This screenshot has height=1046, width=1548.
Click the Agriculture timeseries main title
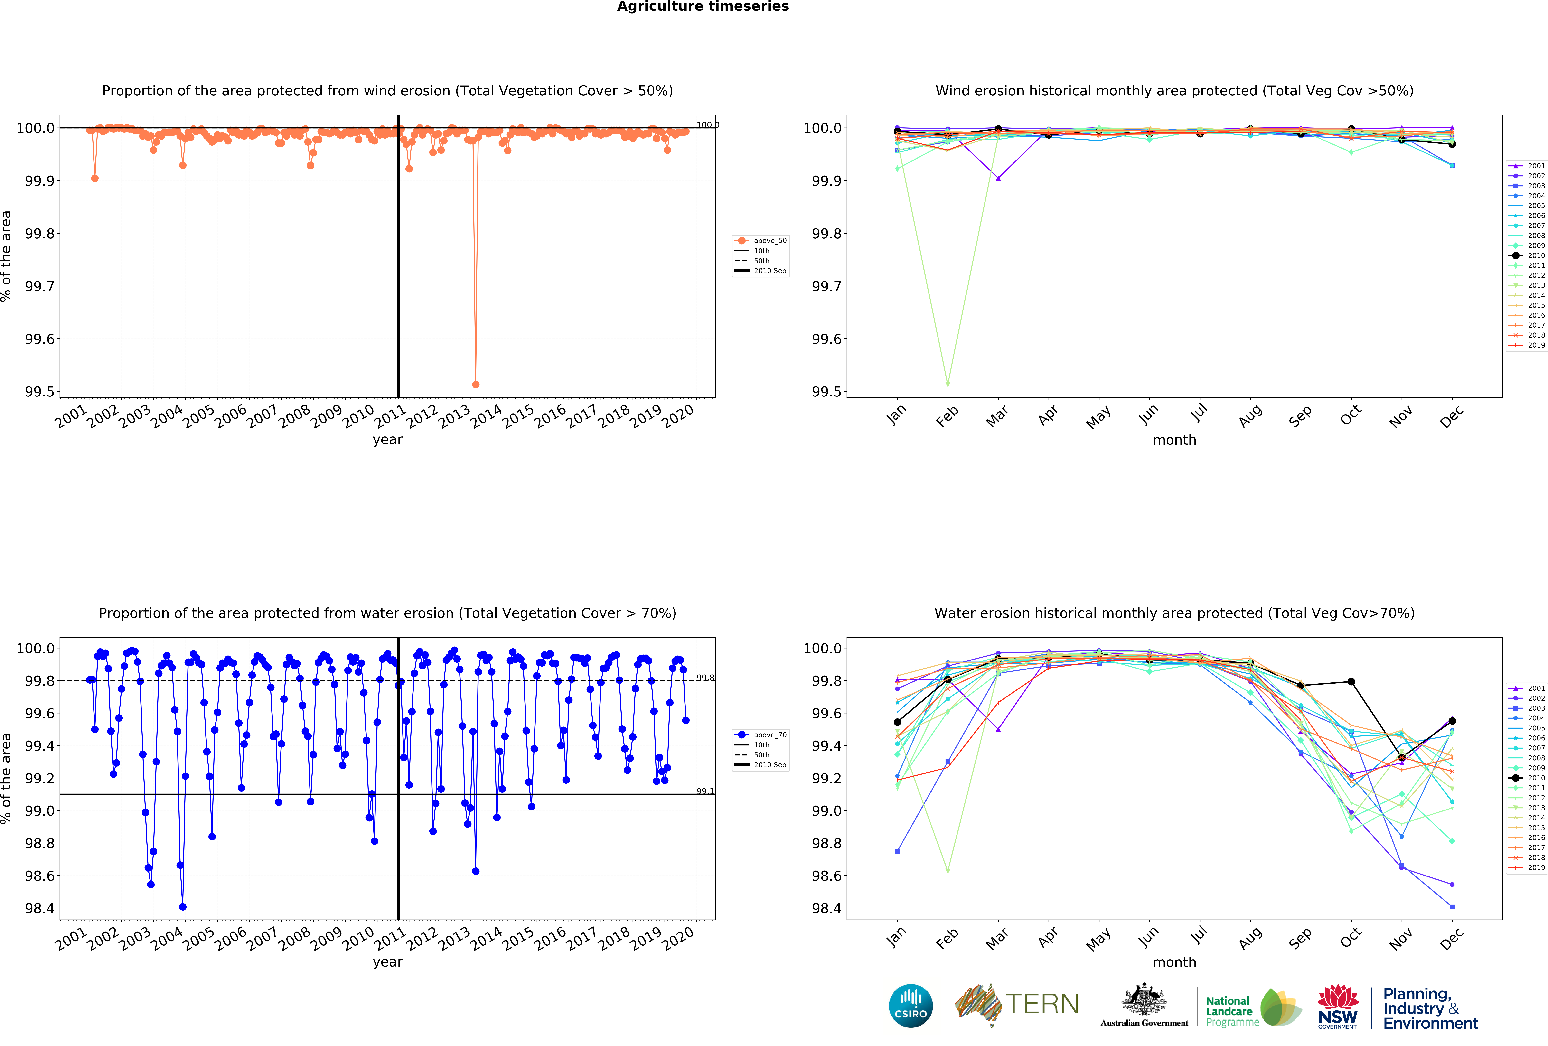click(703, 7)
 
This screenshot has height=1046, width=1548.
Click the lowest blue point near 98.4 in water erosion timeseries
click(183, 907)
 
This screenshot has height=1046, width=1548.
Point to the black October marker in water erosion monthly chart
click(1351, 682)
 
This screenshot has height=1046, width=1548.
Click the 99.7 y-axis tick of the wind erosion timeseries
click(40, 286)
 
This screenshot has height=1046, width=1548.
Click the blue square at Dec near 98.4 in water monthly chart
click(1452, 907)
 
